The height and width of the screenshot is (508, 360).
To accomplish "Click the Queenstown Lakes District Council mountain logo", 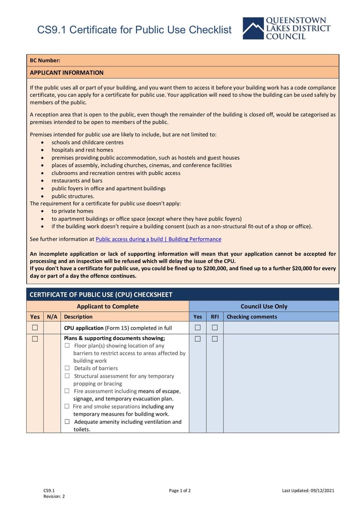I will pyautogui.click(x=253, y=28).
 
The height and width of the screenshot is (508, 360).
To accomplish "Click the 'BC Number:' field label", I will pyautogui.click(x=45, y=60).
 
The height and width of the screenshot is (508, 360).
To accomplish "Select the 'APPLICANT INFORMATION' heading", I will pyautogui.click(x=67, y=73).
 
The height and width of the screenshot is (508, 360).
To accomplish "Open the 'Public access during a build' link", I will pyautogui.click(x=158, y=239).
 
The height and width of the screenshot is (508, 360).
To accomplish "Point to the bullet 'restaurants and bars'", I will pyautogui.click(x=77, y=181).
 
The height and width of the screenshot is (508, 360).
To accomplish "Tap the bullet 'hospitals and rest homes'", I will pyautogui.click(x=82, y=150).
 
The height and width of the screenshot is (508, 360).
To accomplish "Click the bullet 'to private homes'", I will pyautogui.click(x=72, y=211).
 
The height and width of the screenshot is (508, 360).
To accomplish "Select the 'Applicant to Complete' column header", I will pyautogui.click(x=108, y=307).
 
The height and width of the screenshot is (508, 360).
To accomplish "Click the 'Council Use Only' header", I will pyautogui.click(x=264, y=307).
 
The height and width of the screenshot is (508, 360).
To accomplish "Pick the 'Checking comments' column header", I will pyautogui.click(x=252, y=317).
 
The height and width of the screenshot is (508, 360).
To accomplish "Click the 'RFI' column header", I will pyautogui.click(x=215, y=317).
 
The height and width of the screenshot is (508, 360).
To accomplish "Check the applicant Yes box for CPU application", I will pyautogui.click(x=35, y=328).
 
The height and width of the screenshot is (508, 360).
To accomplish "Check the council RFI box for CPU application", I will pyautogui.click(x=215, y=328).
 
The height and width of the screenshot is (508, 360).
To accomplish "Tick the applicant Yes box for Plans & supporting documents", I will pyautogui.click(x=35, y=339).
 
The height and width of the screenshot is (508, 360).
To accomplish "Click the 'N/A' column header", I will pyautogui.click(x=52, y=317).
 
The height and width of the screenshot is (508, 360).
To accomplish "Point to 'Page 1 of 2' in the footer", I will pyautogui.click(x=180, y=490).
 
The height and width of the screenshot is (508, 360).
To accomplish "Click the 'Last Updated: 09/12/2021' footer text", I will pyautogui.click(x=308, y=490).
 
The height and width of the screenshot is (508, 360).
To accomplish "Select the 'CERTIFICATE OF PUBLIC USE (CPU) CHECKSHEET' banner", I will pyautogui.click(x=101, y=295).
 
